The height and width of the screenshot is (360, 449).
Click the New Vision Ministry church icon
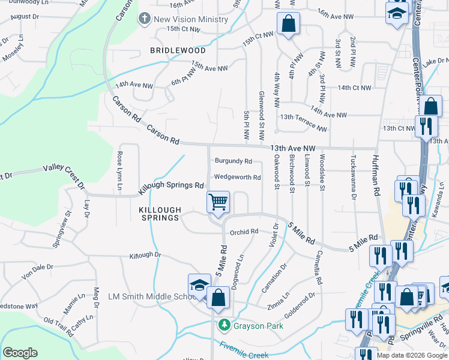click(x=144, y=19)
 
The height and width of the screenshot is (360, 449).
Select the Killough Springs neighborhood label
click(x=159, y=214)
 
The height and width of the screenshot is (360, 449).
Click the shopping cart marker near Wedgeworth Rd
click(x=218, y=202)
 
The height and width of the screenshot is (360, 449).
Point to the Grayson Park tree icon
click(x=224, y=326)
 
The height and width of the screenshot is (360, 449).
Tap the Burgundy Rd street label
click(x=234, y=161)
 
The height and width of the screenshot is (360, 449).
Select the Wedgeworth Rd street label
click(x=238, y=178)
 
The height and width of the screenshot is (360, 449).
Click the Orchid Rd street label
click(x=244, y=232)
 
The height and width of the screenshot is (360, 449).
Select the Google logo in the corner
click(x=20, y=353)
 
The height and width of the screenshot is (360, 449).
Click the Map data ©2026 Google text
click(x=412, y=355)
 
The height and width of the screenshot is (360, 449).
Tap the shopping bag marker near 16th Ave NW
click(x=288, y=25)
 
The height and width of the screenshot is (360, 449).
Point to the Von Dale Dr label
click(x=37, y=268)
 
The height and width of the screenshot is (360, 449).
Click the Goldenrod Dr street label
click(x=300, y=301)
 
